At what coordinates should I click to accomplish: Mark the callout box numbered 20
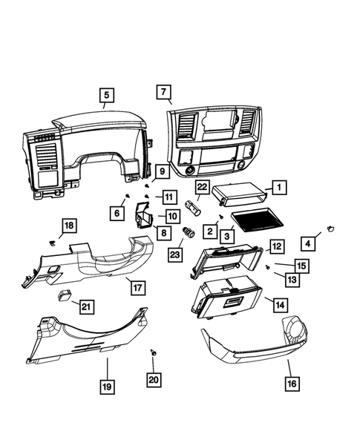click(x=153, y=379)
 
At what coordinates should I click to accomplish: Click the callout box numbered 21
click(x=87, y=306)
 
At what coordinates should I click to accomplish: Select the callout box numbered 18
click(x=68, y=226)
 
